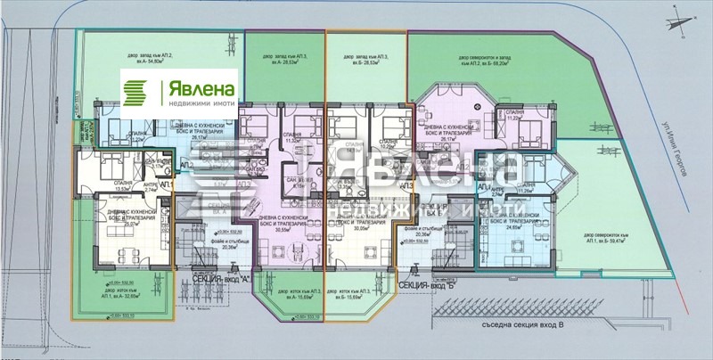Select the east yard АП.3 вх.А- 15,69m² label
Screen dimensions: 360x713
(283, 296)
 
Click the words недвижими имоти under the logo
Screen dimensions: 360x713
(199, 103)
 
